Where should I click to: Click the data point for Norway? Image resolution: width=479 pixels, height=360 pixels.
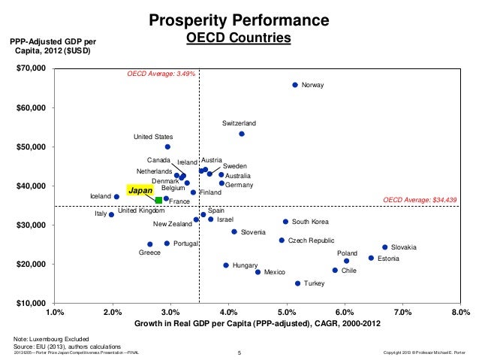tap(295, 85)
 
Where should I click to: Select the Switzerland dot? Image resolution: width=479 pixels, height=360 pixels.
tap(242, 134)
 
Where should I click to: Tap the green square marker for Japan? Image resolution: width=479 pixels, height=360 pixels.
tap(158, 201)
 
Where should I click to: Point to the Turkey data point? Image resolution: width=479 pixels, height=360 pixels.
tap(297, 283)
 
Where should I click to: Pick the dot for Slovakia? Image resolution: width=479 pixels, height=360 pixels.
tap(385, 247)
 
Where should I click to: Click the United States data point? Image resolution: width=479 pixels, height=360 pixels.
tap(167, 147)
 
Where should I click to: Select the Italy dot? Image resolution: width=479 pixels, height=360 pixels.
tap(111, 214)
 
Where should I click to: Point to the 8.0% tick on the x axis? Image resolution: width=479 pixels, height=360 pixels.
tap(460, 311)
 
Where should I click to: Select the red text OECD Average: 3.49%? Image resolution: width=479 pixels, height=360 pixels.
tap(161, 74)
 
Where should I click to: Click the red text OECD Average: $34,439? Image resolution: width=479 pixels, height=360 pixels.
tap(420, 201)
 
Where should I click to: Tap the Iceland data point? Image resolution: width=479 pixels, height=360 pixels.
tap(116, 197)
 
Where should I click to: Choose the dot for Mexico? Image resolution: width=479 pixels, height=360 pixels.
tap(258, 272)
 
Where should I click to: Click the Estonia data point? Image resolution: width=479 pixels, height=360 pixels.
tap(371, 258)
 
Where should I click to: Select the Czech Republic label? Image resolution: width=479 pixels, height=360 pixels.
tap(311, 241)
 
